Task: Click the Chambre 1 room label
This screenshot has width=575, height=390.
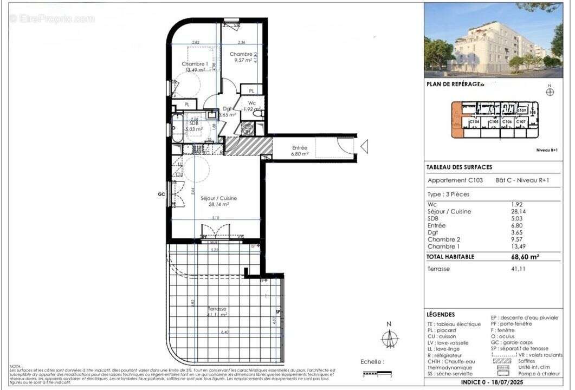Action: (195, 64)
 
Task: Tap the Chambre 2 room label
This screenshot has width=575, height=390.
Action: (242, 54)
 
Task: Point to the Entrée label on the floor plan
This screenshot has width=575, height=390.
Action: (299, 147)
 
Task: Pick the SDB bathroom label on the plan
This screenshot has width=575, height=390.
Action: (193, 123)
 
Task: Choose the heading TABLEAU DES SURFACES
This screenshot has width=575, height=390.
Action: (459, 167)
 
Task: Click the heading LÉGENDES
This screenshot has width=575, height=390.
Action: (441, 315)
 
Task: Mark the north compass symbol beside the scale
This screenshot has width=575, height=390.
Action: (389, 338)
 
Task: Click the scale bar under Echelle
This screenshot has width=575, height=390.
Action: (377, 373)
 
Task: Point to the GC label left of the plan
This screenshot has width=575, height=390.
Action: (161, 193)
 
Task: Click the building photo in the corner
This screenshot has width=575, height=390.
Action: (493, 40)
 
